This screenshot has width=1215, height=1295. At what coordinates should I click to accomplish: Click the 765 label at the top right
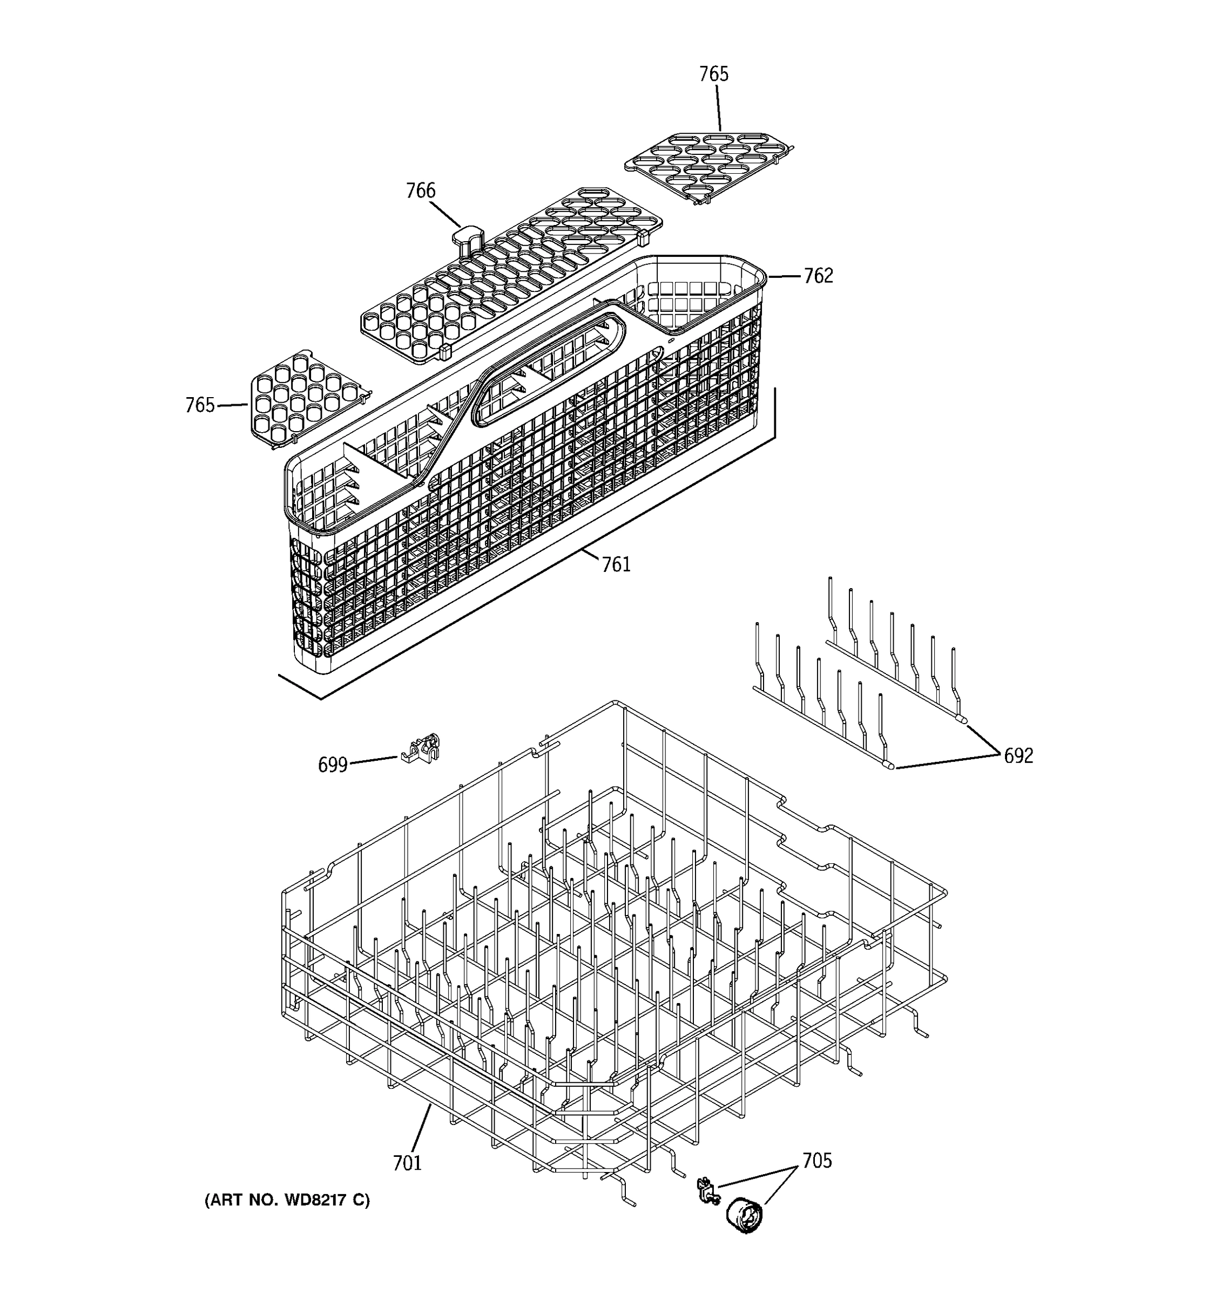click(713, 74)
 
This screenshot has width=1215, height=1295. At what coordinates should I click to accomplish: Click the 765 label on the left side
click(199, 405)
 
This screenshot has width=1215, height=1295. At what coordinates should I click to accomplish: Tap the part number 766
click(421, 191)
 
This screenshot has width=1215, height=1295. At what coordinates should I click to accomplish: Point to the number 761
click(616, 564)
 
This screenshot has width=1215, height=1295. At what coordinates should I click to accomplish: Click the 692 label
click(1018, 755)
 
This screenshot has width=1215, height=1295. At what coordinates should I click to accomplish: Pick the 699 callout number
click(333, 765)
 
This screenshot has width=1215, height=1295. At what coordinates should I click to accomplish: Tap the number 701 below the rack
click(407, 1163)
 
